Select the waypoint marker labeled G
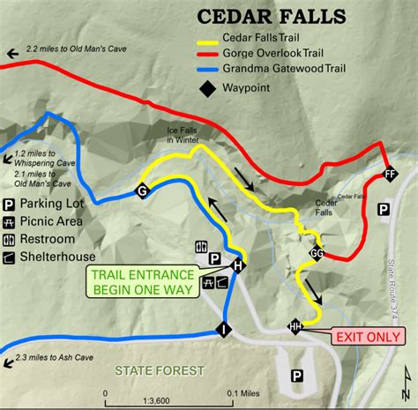(141, 191)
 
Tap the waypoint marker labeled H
(237, 265)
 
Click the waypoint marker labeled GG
(317, 254)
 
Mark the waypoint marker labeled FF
(390, 175)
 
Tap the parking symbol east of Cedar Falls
(384, 209)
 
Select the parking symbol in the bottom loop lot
(297, 375)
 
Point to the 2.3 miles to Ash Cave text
(58, 357)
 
